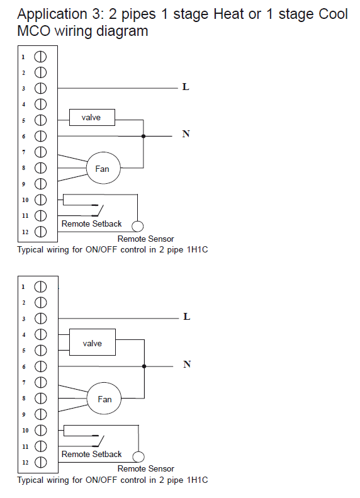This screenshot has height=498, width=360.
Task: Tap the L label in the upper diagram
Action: tap(186, 87)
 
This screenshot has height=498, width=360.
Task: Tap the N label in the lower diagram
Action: tap(187, 364)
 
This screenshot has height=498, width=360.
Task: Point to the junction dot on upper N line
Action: tap(143, 136)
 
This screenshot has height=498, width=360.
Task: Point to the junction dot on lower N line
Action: tap(144, 366)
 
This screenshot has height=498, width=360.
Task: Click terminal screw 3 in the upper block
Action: tap(40, 88)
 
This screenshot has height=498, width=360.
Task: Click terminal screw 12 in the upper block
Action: tap(40, 232)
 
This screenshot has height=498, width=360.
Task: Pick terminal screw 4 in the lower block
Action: tap(40, 334)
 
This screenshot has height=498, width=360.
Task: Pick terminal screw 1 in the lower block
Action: tap(40, 287)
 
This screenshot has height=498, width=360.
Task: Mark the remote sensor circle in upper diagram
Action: tap(137, 226)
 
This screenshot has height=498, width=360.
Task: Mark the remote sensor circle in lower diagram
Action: tap(138, 456)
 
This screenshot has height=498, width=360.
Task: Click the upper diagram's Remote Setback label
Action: tap(91, 224)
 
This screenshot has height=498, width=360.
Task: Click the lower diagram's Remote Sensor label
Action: tap(146, 468)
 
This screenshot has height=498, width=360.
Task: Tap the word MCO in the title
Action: tap(33, 31)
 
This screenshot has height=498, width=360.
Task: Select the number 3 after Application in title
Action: tap(96, 14)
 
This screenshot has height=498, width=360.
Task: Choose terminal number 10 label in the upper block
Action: tap(25, 200)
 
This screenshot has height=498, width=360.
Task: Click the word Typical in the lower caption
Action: tap(30, 480)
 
